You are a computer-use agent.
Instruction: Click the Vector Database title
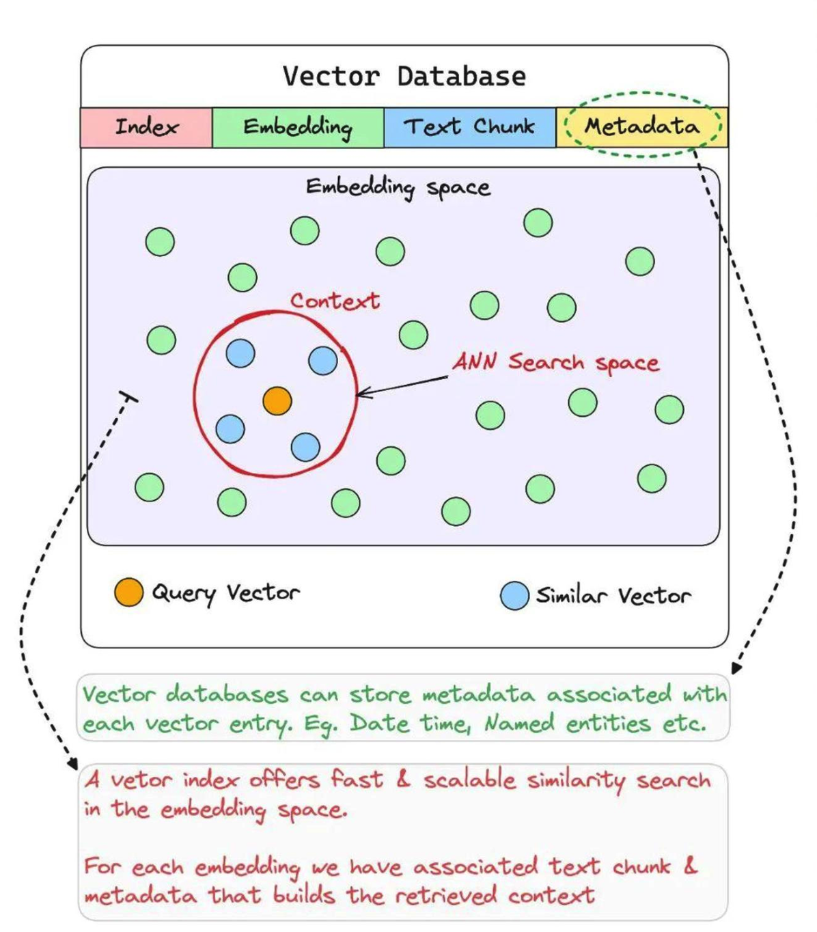pos(404,76)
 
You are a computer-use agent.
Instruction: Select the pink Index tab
pos(146,127)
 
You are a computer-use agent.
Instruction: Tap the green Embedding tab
pos(298,127)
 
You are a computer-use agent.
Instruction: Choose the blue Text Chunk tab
pos(469,127)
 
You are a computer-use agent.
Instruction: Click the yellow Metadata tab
pos(642,126)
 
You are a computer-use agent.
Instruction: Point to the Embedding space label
pos(398,187)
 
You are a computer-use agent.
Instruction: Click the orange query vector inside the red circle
pos(277,401)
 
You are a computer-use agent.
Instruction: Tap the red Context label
pos(335,301)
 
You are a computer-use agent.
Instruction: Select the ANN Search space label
pos(556,362)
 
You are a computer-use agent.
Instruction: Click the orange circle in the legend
pos(129,592)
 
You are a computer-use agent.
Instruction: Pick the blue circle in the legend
pos(514,595)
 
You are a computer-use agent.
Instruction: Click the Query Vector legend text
pos(225,592)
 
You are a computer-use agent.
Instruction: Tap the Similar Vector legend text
pos(613,596)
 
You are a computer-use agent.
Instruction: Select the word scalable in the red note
pos(469,780)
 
